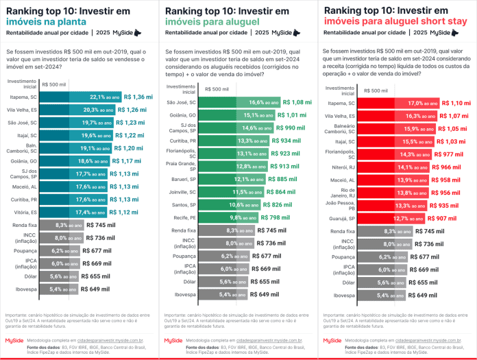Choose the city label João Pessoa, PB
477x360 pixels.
click(340, 206)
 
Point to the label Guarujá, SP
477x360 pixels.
click(342, 219)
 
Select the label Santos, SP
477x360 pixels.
click(185, 204)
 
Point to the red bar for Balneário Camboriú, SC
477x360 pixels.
click(394, 128)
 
